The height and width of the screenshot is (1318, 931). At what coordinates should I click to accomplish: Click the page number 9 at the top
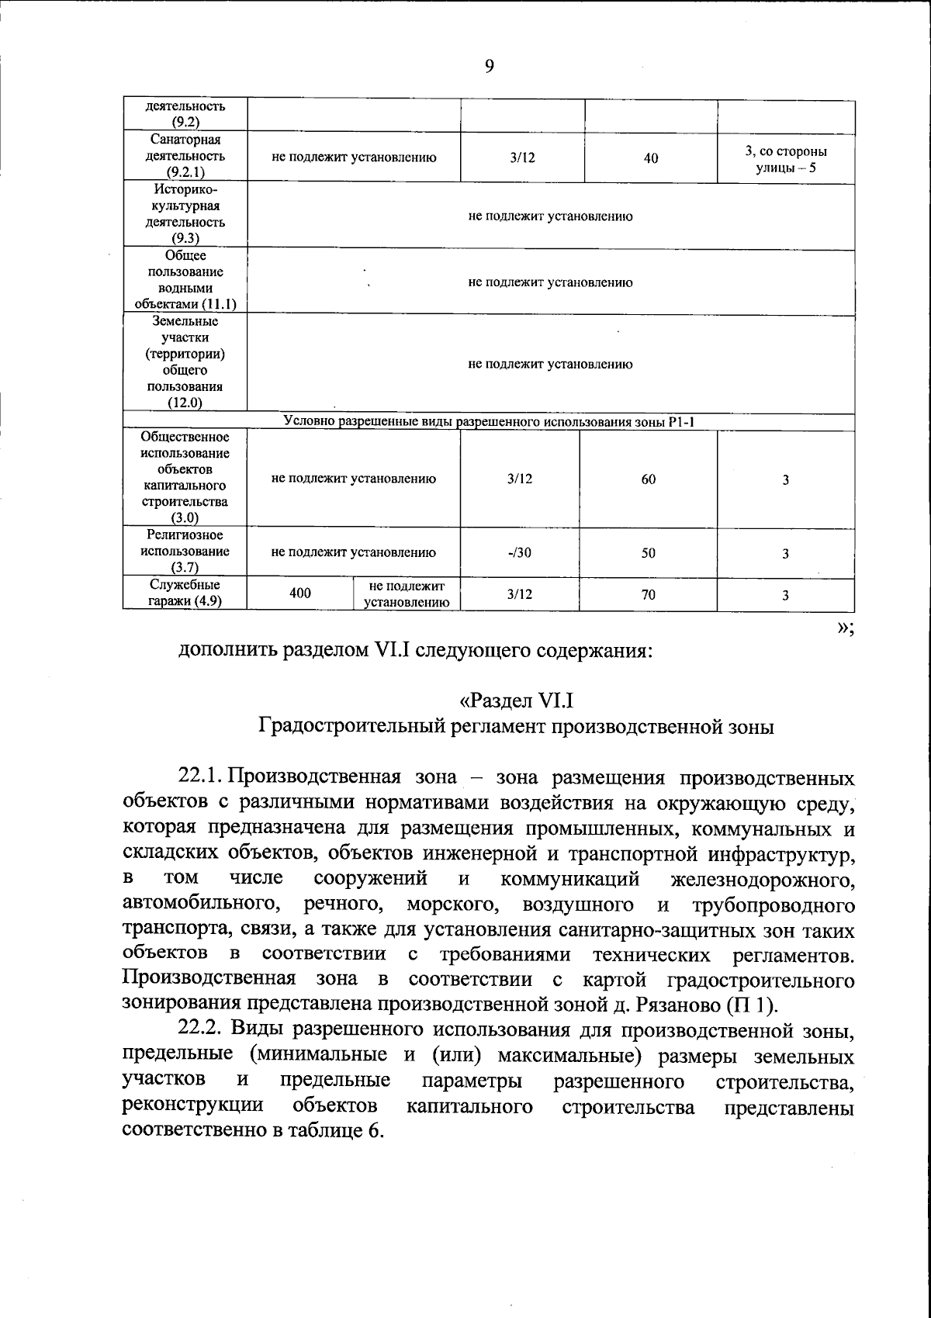pos(489,67)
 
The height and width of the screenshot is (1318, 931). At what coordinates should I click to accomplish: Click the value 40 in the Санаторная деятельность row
pos(651,158)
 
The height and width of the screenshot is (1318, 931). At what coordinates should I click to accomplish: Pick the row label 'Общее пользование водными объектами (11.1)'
pos(185,280)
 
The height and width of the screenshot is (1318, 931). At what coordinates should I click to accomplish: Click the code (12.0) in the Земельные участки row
pos(185,403)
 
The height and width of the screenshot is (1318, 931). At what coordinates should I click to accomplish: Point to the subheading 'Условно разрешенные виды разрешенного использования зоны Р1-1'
pos(488,422)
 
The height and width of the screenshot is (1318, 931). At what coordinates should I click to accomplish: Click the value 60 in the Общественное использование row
pos(649,479)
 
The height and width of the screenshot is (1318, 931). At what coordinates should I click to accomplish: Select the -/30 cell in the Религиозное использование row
pos(520,553)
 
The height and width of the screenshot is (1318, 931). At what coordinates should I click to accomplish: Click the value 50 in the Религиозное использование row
pos(649,553)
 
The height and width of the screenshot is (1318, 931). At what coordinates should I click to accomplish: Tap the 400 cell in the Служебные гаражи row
pos(300,593)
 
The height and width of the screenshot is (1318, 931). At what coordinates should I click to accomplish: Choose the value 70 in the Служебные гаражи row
pos(649,595)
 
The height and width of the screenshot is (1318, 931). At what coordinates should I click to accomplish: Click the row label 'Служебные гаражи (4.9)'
pos(185,593)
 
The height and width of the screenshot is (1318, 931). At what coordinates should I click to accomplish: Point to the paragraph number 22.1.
pos(201,777)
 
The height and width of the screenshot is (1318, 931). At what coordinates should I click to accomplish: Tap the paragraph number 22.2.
pos(201,1030)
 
